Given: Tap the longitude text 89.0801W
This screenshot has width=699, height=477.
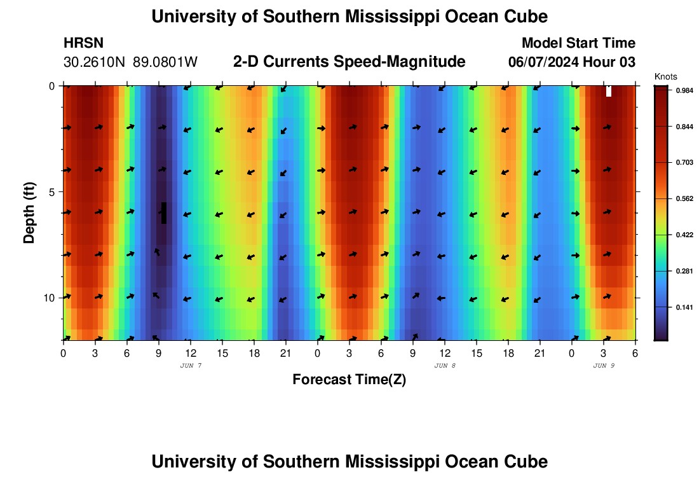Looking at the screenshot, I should coord(165,62).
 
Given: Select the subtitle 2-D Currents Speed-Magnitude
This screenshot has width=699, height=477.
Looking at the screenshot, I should coord(349,62).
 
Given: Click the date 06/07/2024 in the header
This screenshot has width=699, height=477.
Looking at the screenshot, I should coord(544,62).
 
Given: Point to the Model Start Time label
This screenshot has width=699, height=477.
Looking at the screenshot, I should coord(578,43).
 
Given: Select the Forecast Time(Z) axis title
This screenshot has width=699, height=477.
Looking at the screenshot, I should coord(349,380).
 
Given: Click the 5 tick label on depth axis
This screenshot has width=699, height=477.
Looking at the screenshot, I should coord(51,191).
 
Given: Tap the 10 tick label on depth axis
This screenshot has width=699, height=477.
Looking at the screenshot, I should coord(48,298).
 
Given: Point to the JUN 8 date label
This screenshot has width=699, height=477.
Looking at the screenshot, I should coord(445,366).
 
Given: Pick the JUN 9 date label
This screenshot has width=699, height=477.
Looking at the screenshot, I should coord(604,366).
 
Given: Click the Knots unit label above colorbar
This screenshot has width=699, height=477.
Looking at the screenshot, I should coord(666,76).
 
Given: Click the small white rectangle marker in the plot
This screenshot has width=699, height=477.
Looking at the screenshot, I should coord(609,91).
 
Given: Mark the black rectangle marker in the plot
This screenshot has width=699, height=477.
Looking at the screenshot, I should coord(164,213).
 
